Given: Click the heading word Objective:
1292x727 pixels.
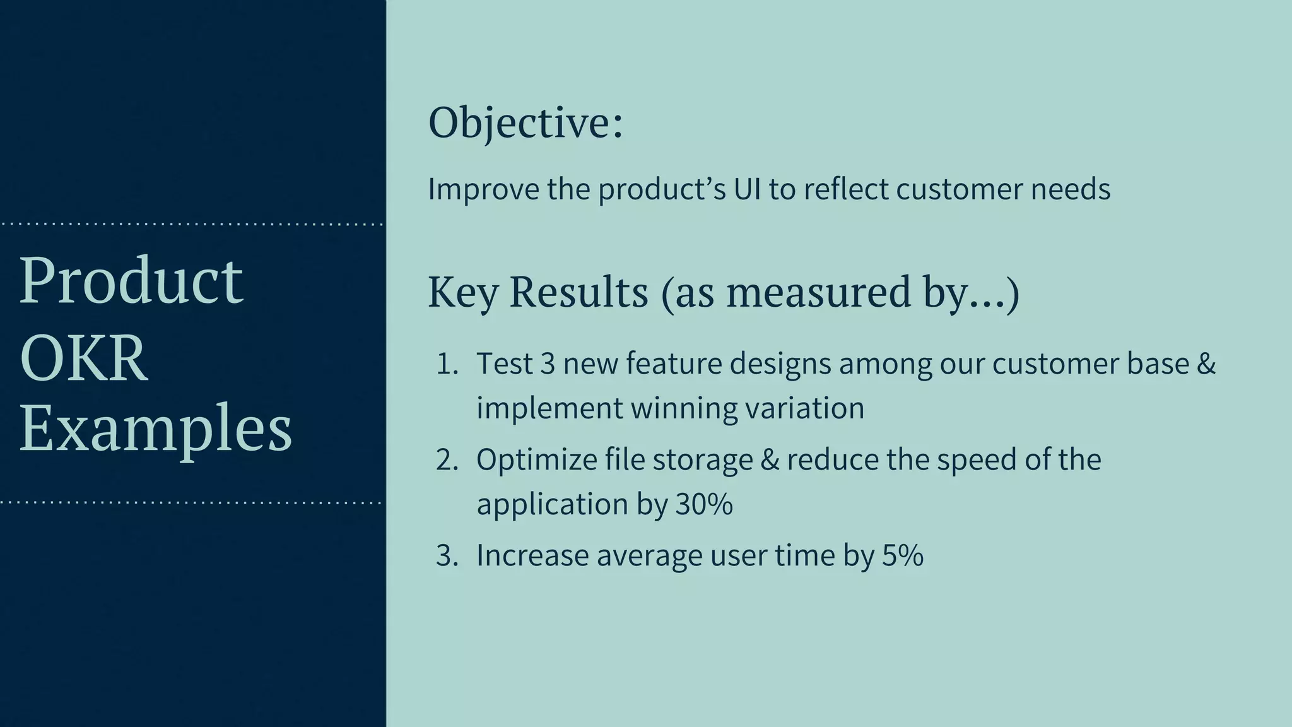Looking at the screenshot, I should coord(526,123).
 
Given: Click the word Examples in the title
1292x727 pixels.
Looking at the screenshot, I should coord(156,430).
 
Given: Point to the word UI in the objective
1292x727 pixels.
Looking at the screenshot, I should coord(747,189).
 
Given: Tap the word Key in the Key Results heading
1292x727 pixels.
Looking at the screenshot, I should coord(463,292).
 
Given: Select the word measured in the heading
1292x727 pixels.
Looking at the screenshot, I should coord(818,292).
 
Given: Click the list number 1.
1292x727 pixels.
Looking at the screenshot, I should coord(447,364).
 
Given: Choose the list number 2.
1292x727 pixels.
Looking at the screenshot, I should coord(447,460).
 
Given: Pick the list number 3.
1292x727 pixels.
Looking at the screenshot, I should coord(447,556).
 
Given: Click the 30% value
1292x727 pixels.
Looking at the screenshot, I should coord(704,504).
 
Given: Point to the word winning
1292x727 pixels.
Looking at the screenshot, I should coord(684,408).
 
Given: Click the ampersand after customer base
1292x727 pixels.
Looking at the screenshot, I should coord(1206,364).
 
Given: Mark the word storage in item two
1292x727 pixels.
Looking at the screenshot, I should coord(703,460).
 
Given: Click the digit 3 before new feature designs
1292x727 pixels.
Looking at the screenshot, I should coord(548,364).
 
